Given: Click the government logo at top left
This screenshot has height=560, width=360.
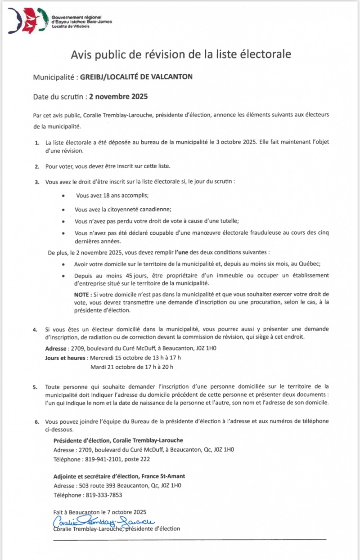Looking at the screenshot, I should pyautogui.click(x=28, y=20).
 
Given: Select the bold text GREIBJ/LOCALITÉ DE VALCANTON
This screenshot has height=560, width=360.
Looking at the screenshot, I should pyautogui.click(x=136, y=77).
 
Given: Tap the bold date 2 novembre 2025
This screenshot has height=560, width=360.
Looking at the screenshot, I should pyautogui.click(x=118, y=96).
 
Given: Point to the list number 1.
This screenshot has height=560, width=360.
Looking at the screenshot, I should pyautogui.click(x=36, y=143).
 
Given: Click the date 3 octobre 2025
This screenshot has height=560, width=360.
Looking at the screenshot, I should pyautogui.click(x=234, y=142).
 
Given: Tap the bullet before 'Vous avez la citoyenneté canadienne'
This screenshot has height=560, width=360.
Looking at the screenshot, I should pyautogui.click(x=64, y=210).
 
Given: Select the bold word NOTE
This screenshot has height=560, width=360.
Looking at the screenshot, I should pyautogui.click(x=81, y=294).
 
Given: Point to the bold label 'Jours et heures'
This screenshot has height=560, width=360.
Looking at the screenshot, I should pyautogui.click(x=65, y=358).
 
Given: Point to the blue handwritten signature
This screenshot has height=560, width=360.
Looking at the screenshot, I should pyautogui.click(x=103, y=521).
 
